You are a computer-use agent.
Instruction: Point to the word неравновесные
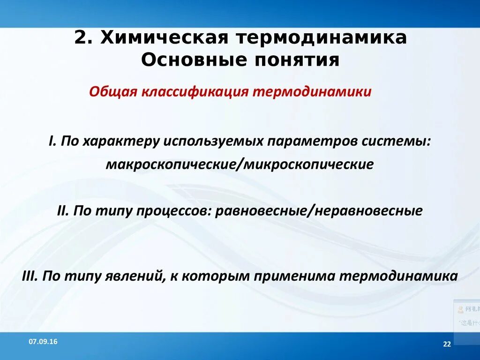tap(368, 210)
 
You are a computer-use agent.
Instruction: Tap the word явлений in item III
tap(134, 276)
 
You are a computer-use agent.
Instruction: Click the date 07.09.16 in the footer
tap(43, 342)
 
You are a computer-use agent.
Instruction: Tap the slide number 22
tap(446, 345)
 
